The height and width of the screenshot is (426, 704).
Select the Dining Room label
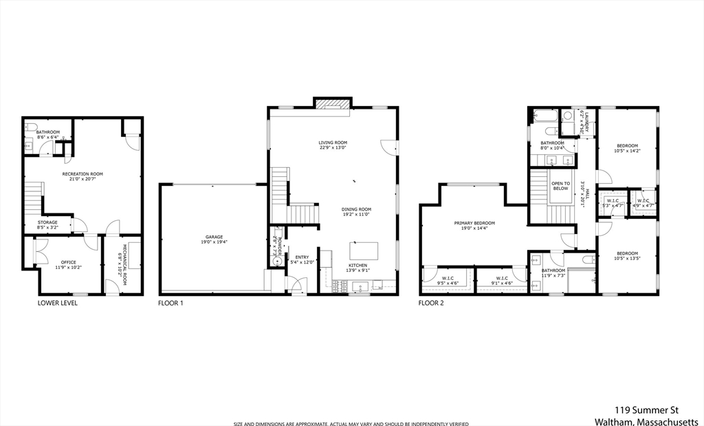(x=356, y=211)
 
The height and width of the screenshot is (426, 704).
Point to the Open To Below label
(x=560, y=186)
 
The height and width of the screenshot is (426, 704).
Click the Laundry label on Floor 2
(x=582, y=122)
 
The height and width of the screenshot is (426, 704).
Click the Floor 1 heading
(x=170, y=303)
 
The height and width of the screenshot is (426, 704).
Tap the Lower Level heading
(x=58, y=303)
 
